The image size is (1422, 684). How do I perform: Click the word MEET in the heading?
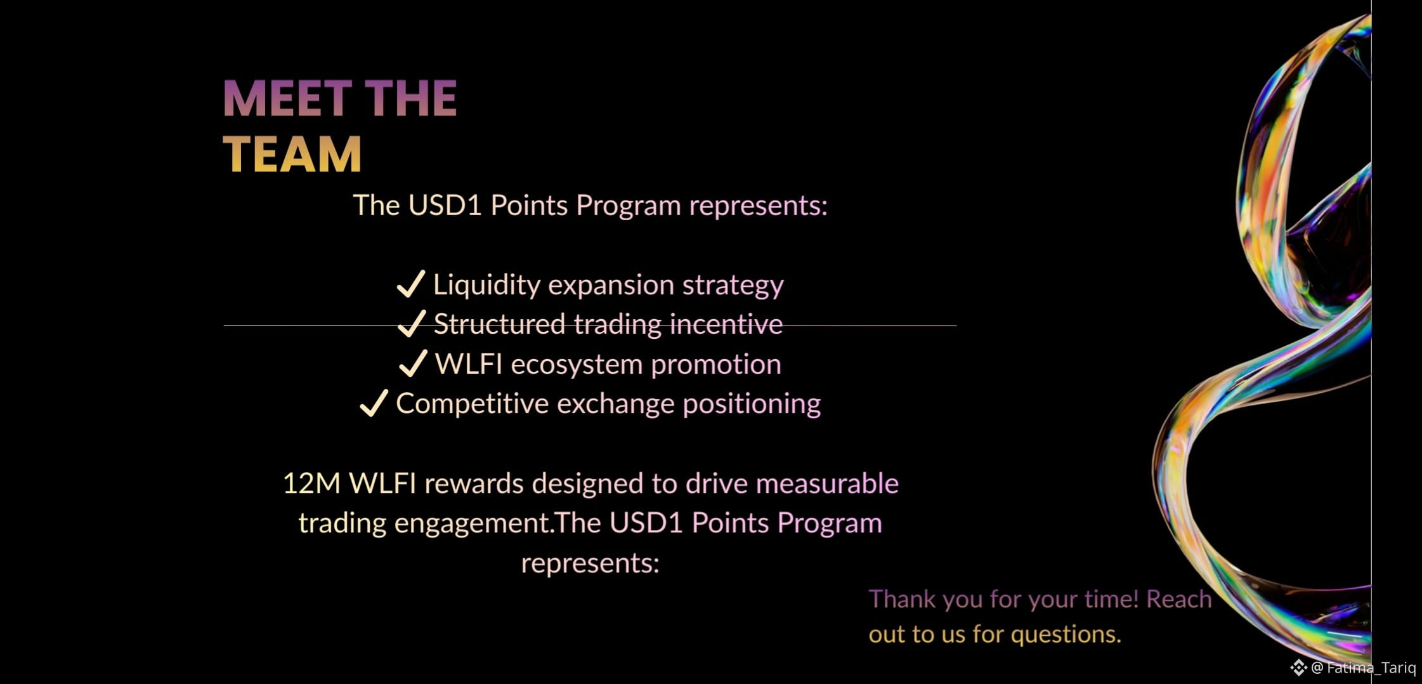[x=287, y=98]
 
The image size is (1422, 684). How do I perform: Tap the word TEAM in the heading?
[x=292, y=154]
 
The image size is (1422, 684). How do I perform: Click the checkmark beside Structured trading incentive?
[x=411, y=323]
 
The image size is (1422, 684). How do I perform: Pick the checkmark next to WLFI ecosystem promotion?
[x=413, y=363]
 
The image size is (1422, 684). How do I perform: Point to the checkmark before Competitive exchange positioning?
[x=374, y=402]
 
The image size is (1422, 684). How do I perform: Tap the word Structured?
[x=499, y=324]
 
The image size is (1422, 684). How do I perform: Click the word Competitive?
[x=472, y=404]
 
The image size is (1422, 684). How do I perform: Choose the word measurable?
[x=827, y=483]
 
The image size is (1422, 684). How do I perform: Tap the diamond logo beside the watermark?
[x=1298, y=668]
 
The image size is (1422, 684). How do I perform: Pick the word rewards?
[x=474, y=483]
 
